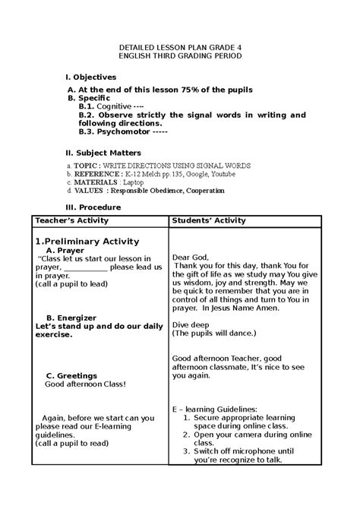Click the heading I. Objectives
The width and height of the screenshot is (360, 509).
tap(90, 77)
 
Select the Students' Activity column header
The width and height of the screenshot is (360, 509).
tap(209, 220)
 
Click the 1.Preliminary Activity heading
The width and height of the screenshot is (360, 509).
tap(87, 242)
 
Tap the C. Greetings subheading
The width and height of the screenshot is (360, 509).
tap(71, 375)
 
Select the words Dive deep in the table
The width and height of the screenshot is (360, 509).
tap(191, 324)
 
